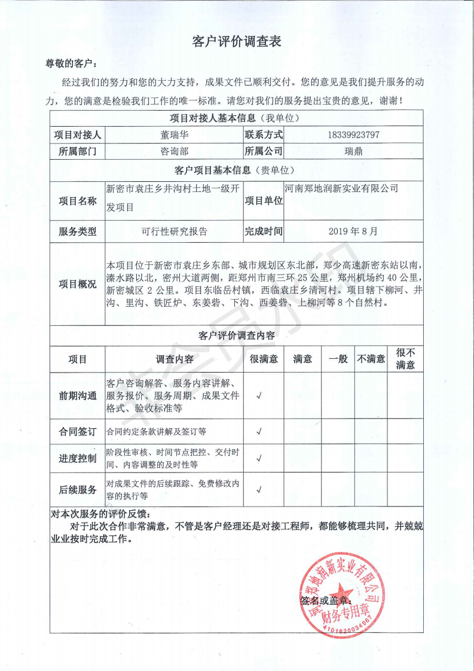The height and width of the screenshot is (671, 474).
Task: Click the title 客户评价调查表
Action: tap(237, 41)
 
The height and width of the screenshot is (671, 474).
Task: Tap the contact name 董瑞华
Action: tap(174, 135)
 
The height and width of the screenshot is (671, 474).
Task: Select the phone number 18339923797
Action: tap(353, 135)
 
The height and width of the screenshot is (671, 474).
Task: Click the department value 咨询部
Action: tap(174, 151)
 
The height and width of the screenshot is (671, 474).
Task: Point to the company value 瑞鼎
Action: tap(353, 151)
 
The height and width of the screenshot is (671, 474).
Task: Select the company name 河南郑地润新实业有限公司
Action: tap(341, 188)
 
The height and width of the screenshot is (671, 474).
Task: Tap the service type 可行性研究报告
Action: tap(174, 231)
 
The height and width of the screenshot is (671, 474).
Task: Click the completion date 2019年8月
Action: tap(353, 231)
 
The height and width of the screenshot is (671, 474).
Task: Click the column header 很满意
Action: tap(264, 359)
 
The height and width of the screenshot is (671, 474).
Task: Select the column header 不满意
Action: tap(371, 359)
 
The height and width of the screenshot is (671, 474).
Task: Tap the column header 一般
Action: tap(338, 359)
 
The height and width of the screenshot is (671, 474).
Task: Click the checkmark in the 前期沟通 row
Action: tap(259, 396)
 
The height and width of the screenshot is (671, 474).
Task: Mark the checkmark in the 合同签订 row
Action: tap(259, 431)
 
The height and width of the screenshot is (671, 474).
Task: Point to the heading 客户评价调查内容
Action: tap(237, 336)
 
